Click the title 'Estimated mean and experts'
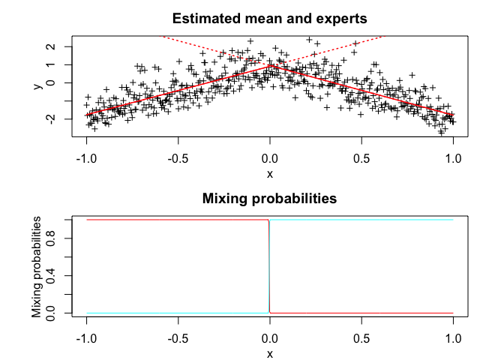[269, 19]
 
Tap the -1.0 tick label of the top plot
[87, 160]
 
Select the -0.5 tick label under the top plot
[178, 160]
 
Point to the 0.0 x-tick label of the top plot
[270, 160]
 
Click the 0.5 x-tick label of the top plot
[361, 160]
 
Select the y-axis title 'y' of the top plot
[37, 86]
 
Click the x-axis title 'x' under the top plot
[270, 174]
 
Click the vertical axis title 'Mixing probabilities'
[37, 266]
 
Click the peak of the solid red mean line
[270, 66]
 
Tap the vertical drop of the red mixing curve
[268, 266]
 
